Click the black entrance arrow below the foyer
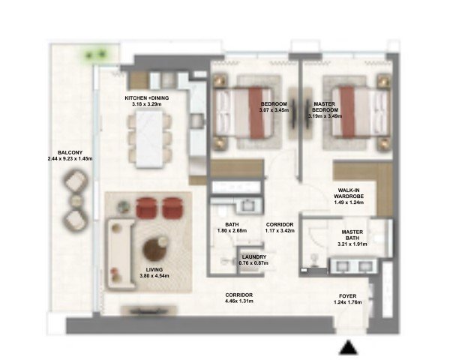click(x=348, y=347)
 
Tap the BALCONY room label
click(x=70, y=152)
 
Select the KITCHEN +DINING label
click(x=147, y=97)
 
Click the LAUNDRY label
click(x=254, y=257)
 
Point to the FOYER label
click(x=348, y=296)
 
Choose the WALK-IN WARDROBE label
click(x=349, y=193)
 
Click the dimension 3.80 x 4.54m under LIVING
click(x=154, y=276)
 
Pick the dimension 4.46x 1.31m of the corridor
click(x=239, y=301)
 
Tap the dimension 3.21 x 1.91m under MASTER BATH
click(x=352, y=244)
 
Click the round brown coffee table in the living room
click(x=154, y=250)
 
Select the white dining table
click(x=149, y=139)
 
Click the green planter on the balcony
click(x=95, y=55)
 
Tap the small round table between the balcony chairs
click(x=76, y=201)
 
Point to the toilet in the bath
click(x=220, y=210)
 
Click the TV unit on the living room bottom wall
click(x=148, y=310)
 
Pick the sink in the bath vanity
click(x=247, y=205)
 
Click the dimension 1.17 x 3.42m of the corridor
click(x=280, y=231)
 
